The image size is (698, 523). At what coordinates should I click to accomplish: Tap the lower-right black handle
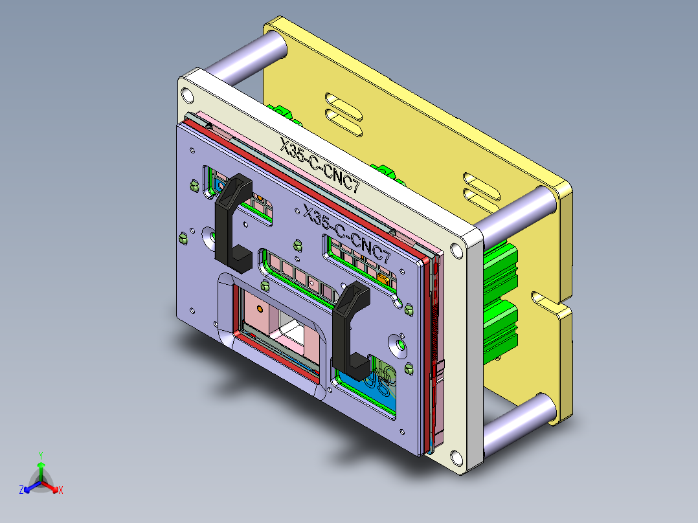350,330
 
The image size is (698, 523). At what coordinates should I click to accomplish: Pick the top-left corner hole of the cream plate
188,95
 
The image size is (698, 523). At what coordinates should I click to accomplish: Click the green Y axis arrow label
40,455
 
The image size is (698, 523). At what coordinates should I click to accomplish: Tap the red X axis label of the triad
61,491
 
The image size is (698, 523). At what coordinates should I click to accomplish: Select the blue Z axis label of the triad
21,491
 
